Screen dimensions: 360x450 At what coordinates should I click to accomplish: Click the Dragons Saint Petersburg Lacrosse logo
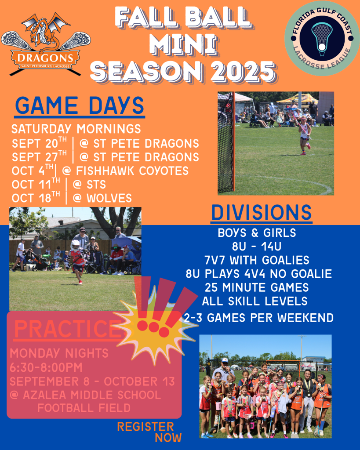point(46,44)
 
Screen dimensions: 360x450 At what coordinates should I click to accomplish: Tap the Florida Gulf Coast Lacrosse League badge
point(322,38)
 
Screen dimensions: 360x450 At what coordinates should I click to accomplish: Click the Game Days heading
point(80,105)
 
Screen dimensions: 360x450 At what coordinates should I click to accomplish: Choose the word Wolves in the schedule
point(109,198)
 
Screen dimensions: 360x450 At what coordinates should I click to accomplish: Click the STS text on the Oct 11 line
point(96,185)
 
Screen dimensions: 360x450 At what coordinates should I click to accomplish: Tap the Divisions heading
point(262,213)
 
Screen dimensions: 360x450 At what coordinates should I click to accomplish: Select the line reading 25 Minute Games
point(257,287)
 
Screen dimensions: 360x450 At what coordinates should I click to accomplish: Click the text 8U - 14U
point(257,246)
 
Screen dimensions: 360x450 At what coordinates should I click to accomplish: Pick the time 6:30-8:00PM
point(46,367)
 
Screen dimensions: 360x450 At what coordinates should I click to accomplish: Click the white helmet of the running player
point(75,245)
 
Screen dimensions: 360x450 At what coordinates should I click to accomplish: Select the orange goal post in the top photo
point(233,142)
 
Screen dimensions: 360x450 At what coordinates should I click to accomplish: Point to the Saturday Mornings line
point(76,129)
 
